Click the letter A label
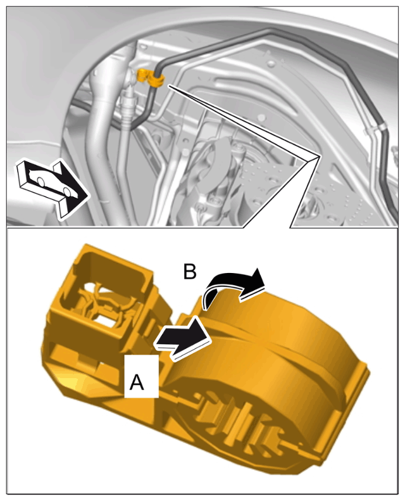[137, 382]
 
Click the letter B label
[190, 272]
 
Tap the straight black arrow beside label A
[182, 339]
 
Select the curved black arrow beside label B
[233, 284]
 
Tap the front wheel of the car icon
[66, 191]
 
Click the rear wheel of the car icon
[41, 181]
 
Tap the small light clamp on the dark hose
[376, 129]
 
